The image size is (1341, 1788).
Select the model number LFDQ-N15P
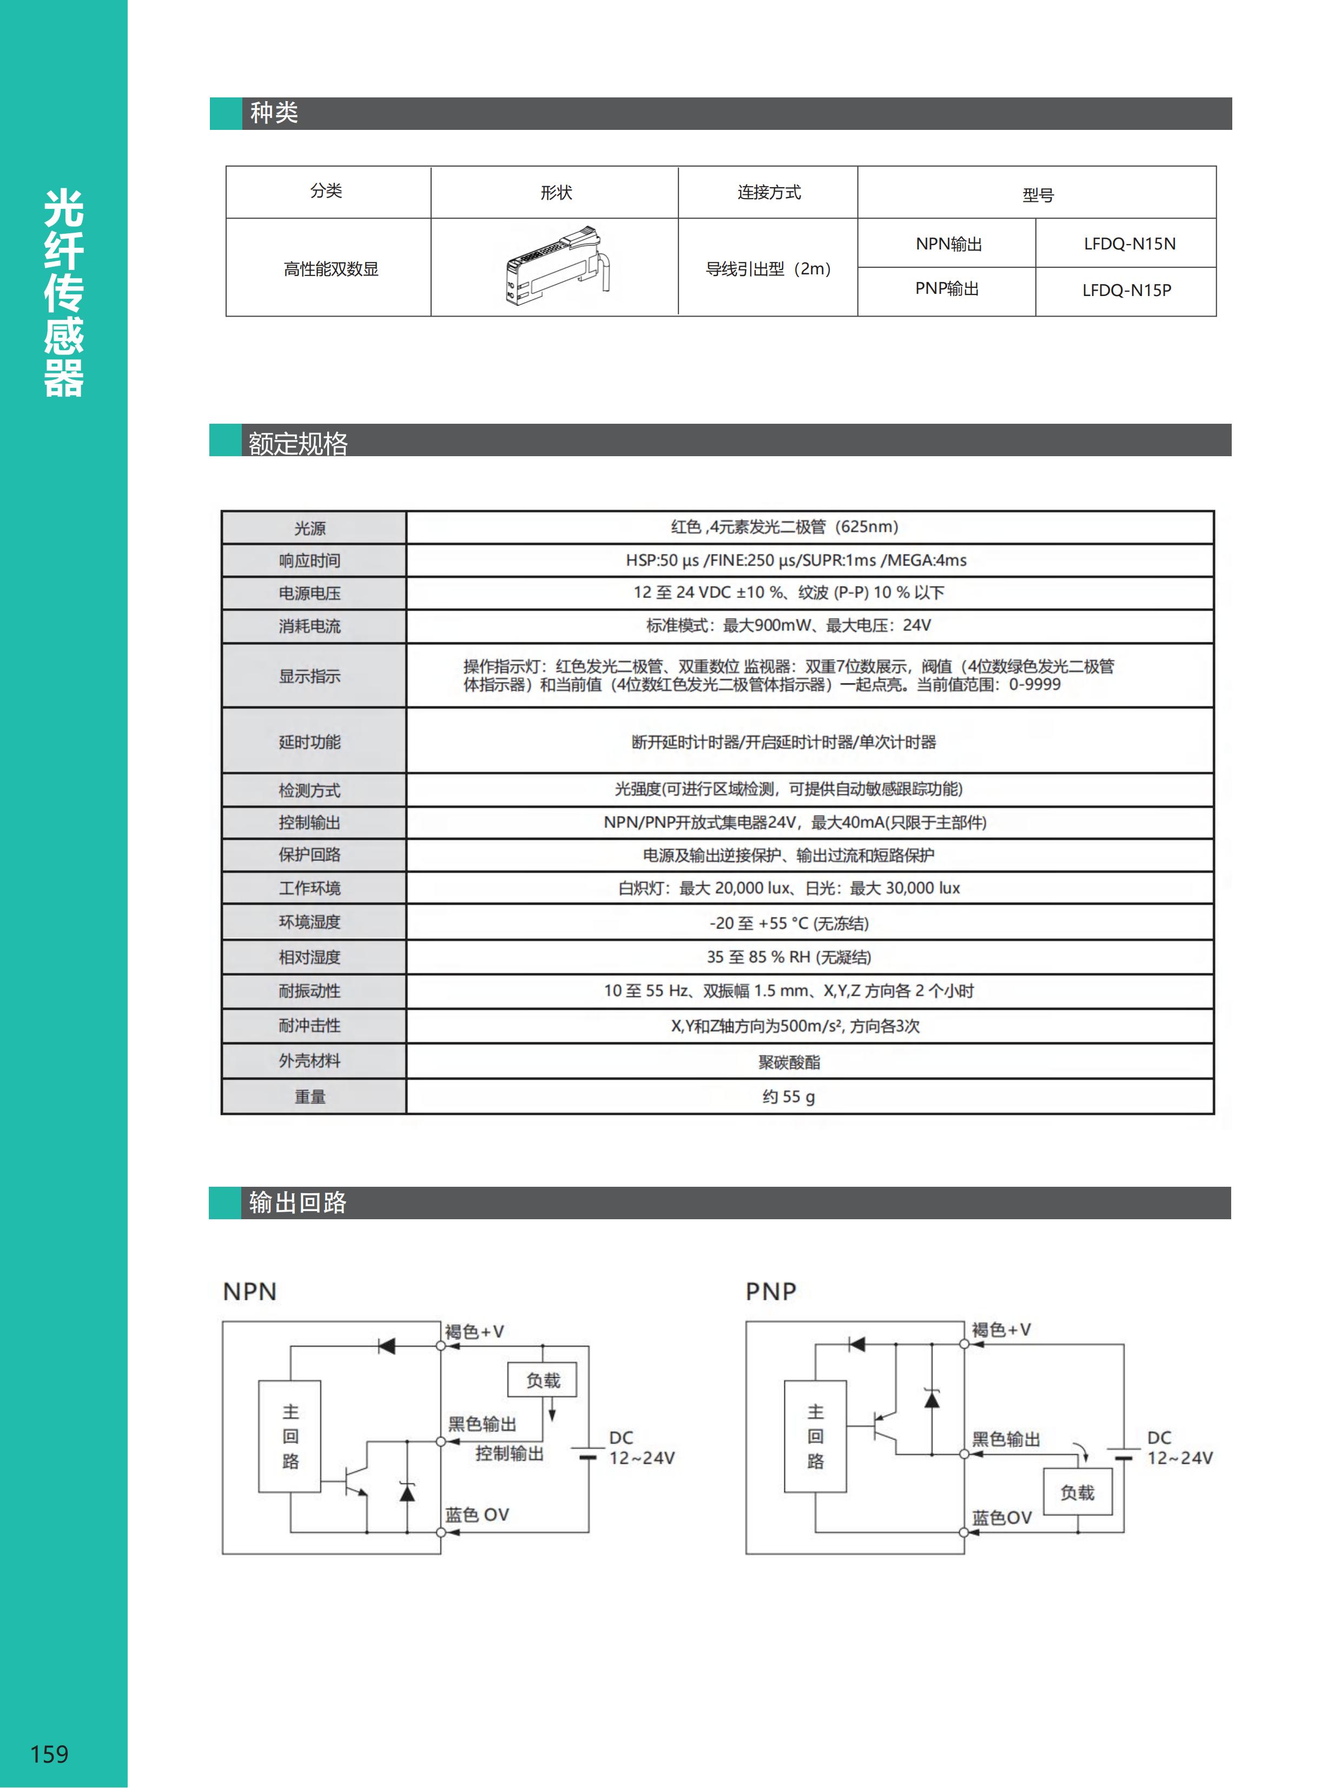coord(1126,290)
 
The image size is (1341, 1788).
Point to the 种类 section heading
coord(274,113)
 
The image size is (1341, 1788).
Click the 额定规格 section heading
coord(298,442)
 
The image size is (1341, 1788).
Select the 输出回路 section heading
coord(298,1202)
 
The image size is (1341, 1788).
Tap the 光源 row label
coord(310,528)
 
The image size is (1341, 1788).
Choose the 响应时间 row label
coord(310,560)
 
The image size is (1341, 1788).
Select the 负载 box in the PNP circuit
coord(1077,1492)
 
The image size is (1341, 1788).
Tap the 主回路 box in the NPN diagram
coord(290,1436)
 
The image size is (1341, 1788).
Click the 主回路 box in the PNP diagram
coord(815,1436)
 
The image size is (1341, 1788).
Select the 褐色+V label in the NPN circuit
coord(474,1331)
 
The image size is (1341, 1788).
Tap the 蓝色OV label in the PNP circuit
coord(1002,1517)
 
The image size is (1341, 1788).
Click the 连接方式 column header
coord(768,192)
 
